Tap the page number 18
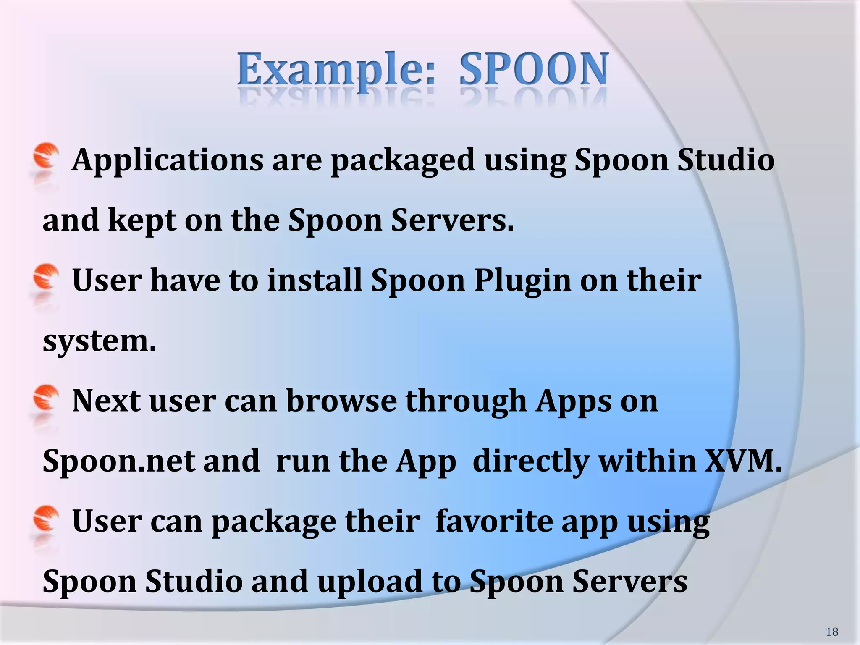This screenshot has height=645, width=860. click(831, 632)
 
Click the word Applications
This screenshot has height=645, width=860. click(168, 161)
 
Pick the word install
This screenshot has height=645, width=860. click(315, 281)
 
